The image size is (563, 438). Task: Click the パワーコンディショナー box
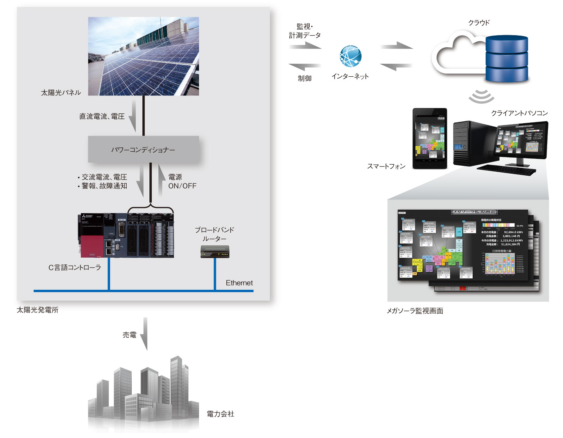click(x=143, y=149)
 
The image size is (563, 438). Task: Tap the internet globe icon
click(x=350, y=56)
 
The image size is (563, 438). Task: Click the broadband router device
click(x=215, y=252)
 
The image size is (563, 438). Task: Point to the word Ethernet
click(x=239, y=283)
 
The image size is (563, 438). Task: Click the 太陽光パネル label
click(x=61, y=93)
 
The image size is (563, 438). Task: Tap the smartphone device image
click(x=430, y=138)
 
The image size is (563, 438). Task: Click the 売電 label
click(x=129, y=335)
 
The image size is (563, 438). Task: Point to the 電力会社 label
click(x=221, y=414)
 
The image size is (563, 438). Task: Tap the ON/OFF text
click(x=182, y=186)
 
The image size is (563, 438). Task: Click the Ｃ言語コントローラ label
click(x=75, y=267)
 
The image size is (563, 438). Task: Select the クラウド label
click(x=479, y=23)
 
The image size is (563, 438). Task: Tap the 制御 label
click(x=305, y=78)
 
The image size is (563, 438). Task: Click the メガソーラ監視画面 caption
click(x=415, y=311)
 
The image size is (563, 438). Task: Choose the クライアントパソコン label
click(x=519, y=113)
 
